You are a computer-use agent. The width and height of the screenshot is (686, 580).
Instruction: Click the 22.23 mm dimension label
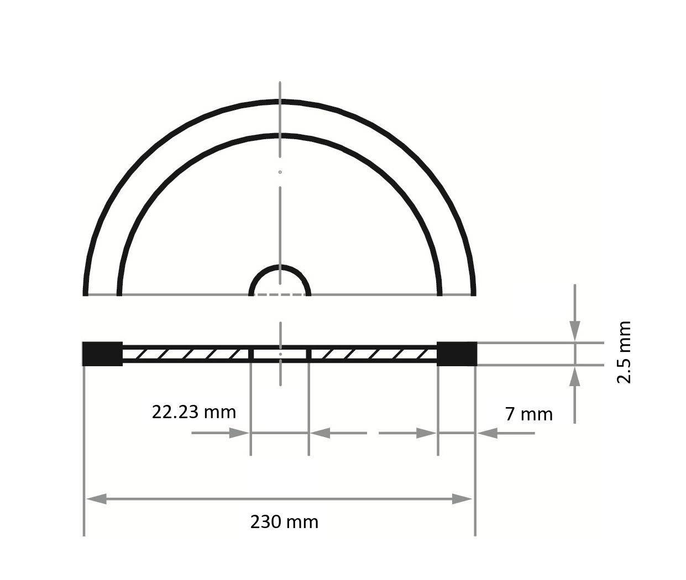coord(193,412)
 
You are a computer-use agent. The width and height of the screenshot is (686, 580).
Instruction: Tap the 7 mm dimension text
coord(528,414)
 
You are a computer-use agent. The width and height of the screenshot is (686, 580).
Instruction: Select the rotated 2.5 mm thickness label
coord(624,352)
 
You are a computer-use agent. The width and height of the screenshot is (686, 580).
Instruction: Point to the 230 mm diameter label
coord(284,522)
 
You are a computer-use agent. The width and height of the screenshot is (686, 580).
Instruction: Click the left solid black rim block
coord(102,354)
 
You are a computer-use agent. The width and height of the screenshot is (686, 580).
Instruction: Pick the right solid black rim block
coord(457,354)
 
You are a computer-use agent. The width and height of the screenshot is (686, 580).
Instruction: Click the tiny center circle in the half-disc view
coord(280,172)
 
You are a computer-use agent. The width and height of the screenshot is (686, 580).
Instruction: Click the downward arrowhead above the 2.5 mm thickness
coord(575,331)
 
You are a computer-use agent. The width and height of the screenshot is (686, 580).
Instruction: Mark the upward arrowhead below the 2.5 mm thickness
coord(575,377)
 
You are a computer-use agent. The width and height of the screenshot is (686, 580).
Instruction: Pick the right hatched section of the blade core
coord(373,354)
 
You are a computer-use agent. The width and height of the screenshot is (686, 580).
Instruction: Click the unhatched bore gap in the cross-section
coord(280,354)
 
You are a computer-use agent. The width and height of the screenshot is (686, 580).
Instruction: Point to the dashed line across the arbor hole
coord(280,295)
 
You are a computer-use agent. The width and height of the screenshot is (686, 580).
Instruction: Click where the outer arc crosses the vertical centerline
coord(280,102)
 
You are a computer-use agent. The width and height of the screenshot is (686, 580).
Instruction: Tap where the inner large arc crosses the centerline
coord(280,135)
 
